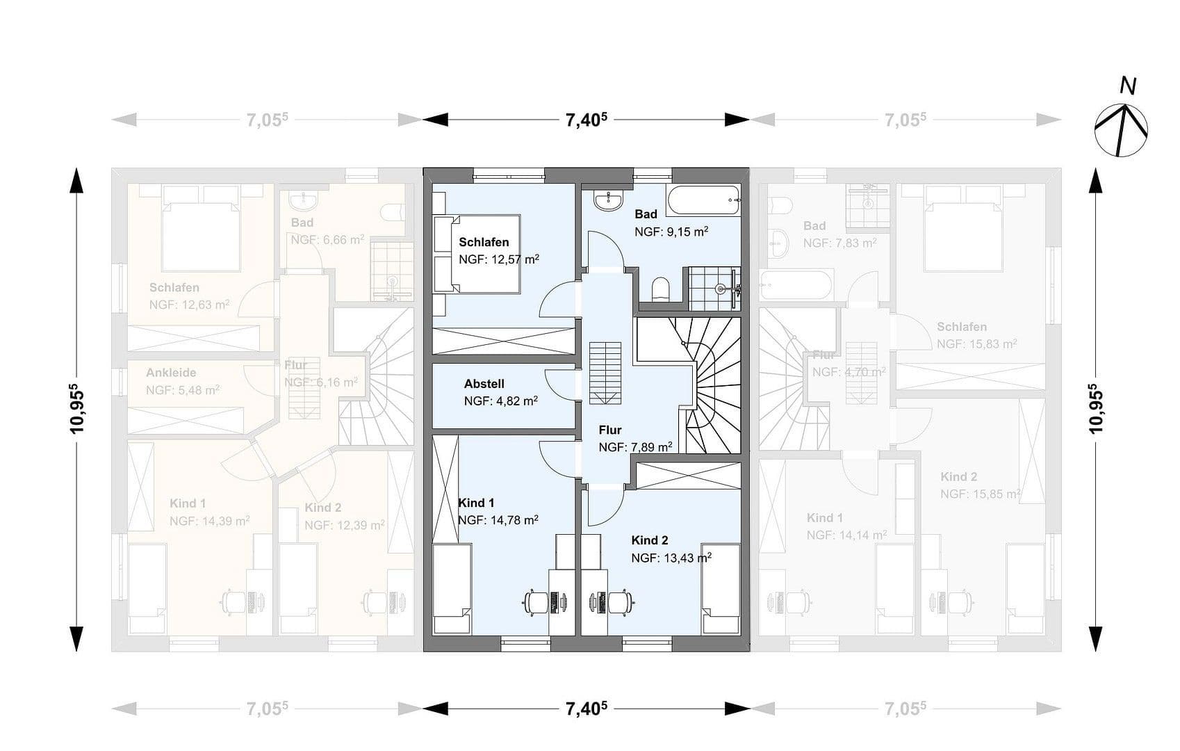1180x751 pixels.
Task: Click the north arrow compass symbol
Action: (x=1121, y=129)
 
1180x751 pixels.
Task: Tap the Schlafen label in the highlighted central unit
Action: (x=484, y=242)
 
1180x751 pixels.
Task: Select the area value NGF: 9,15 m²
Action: (x=671, y=232)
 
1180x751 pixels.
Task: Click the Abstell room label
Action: (x=484, y=384)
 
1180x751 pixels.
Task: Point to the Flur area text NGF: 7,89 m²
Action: (x=634, y=447)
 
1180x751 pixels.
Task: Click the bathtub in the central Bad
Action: (x=703, y=200)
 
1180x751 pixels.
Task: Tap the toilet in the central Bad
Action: (x=660, y=289)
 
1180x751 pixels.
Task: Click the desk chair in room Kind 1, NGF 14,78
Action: (x=536, y=601)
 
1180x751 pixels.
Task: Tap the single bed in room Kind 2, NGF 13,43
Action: (x=721, y=589)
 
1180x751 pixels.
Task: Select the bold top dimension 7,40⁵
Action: (x=587, y=120)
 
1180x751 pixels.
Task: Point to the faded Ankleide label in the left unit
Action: (x=171, y=373)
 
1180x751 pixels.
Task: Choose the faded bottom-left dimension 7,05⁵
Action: (x=267, y=709)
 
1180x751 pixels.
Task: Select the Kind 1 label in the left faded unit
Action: (x=188, y=503)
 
